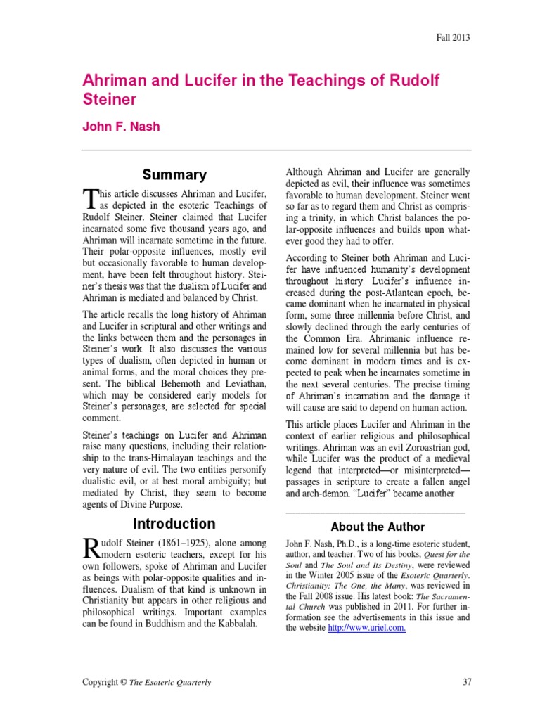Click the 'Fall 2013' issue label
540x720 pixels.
coord(452,38)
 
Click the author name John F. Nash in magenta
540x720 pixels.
coord(122,127)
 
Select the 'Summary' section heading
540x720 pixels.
coord(175,175)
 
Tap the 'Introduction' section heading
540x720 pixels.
coord(175,524)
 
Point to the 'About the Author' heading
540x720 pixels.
coord(378,527)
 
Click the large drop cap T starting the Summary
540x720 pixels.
coord(89,198)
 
